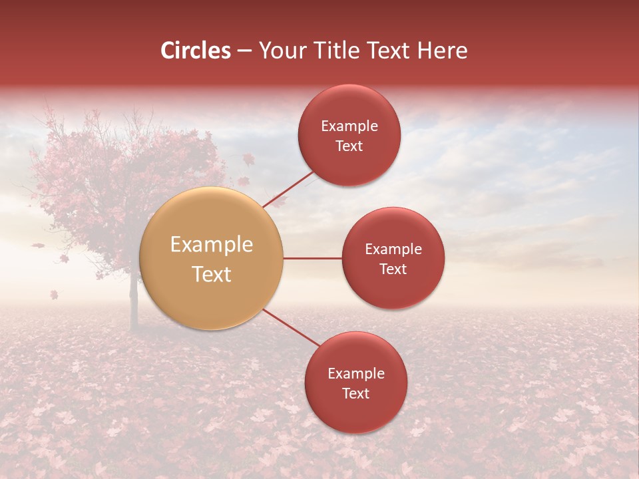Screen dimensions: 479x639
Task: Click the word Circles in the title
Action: tap(195, 51)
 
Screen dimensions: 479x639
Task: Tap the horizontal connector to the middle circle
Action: tap(312, 258)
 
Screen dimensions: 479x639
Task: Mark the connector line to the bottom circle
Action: tap(291, 328)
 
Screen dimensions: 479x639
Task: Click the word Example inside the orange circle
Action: tap(212, 245)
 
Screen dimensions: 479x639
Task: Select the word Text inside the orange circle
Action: tap(212, 274)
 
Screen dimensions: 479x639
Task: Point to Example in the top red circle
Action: tap(349, 126)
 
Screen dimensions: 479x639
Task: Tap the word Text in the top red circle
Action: tap(349, 146)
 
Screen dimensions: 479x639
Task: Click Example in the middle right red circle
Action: tap(393, 249)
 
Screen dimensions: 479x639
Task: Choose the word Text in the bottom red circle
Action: tap(355, 394)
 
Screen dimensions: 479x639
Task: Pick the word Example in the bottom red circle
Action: tap(356, 374)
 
